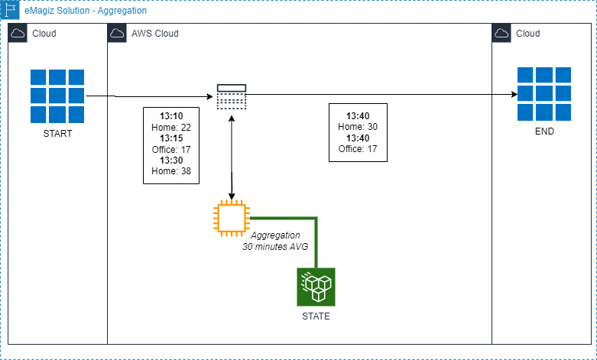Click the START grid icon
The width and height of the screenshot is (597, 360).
pos(57,96)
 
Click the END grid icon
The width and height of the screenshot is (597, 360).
pos(543,94)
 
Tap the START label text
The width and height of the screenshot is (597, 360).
pos(57,134)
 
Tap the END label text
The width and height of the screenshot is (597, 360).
pos(543,131)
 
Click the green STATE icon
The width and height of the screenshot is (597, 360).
pos(316,287)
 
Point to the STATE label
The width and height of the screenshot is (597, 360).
pos(316,316)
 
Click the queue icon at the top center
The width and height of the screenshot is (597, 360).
pos(231,96)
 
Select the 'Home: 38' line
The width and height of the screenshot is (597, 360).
pos(171,172)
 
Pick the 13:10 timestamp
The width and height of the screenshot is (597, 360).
pos(171,117)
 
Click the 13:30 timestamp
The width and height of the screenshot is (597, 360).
pos(171,161)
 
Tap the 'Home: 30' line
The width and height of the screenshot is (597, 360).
pos(358,127)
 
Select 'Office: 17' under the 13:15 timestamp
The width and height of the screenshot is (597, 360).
pos(171,150)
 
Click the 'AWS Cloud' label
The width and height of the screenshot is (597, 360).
pos(155,34)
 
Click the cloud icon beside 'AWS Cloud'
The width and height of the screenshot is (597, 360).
pos(118,34)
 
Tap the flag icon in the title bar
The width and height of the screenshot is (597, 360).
pos(11,11)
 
